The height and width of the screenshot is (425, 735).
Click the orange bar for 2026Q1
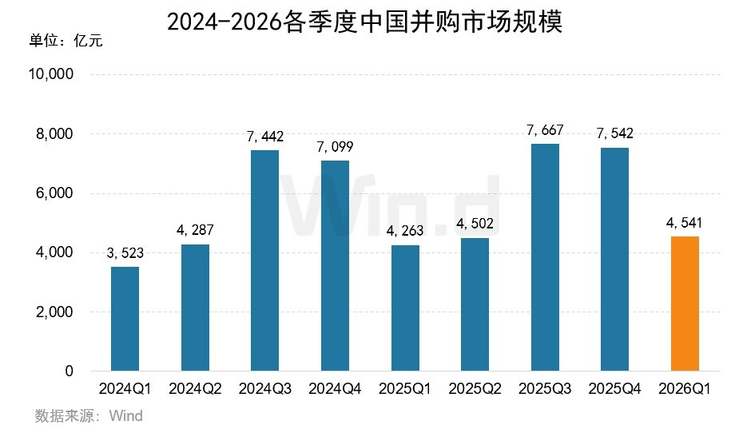(x=685, y=304)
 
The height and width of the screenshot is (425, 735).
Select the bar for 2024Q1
(x=125, y=319)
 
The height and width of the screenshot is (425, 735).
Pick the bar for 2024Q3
(x=264, y=260)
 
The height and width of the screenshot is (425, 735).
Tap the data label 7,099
(x=335, y=148)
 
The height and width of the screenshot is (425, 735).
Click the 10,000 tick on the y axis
(x=51, y=75)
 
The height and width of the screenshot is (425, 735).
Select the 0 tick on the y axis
(x=69, y=371)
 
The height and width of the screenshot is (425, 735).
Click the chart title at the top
(x=365, y=22)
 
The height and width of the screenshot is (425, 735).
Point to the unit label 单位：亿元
(x=66, y=40)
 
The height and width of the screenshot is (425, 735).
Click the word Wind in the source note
(x=125, y=415)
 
